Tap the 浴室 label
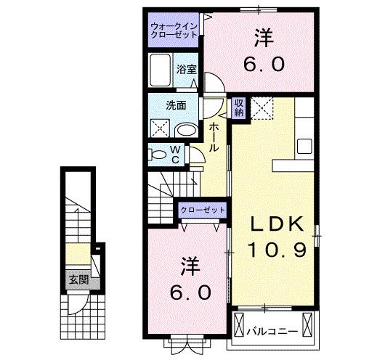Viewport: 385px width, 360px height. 186,70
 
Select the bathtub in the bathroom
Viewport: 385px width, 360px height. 160,71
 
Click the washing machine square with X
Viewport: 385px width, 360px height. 159,128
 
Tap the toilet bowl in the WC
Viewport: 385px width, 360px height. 157,154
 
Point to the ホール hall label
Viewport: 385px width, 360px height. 214,136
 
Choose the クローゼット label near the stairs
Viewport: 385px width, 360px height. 203,210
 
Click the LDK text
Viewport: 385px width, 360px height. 275,224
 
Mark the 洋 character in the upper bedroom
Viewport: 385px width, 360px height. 262,36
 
